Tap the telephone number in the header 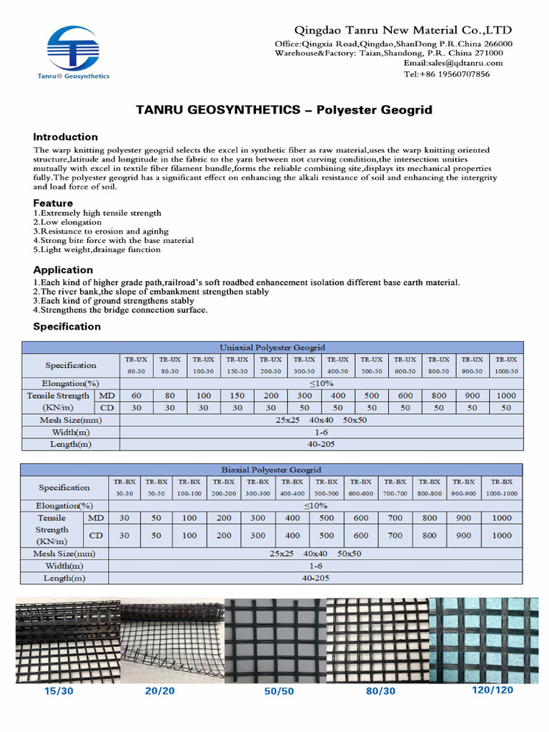click(x=447, y=74)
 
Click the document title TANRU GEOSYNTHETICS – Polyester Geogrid click(x=284, y=111)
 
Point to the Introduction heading click(x=66, y=137)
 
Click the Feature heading click(x=54, y=203)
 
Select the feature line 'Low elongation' click(x=62, y=222)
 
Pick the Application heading click(x=63, y=269)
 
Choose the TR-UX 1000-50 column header click(x=506, y=365)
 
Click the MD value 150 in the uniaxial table click(x=237, y=395)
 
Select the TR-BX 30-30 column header click(x=124, y=488)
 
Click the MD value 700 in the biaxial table click(x=395, y=518)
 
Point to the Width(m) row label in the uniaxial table click(x=71, y=432)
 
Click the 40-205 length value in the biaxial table click(x=312, y=578)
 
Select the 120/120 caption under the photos click(x=493, y=691)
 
